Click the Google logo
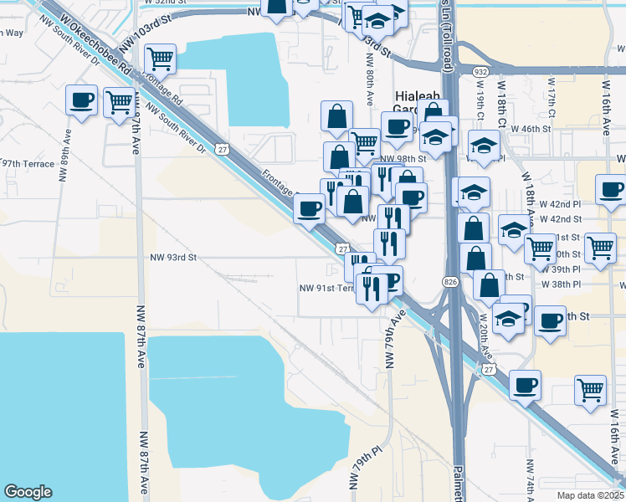[x=28, y=492]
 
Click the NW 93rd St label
[x=172, y=258]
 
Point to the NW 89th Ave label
[x=63, y=166]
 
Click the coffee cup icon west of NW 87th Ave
[x=82, y=100]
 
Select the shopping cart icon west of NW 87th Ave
[x=121, y=102]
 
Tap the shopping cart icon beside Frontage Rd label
[x=159, y=59]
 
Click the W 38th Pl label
[x=560, y=284]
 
